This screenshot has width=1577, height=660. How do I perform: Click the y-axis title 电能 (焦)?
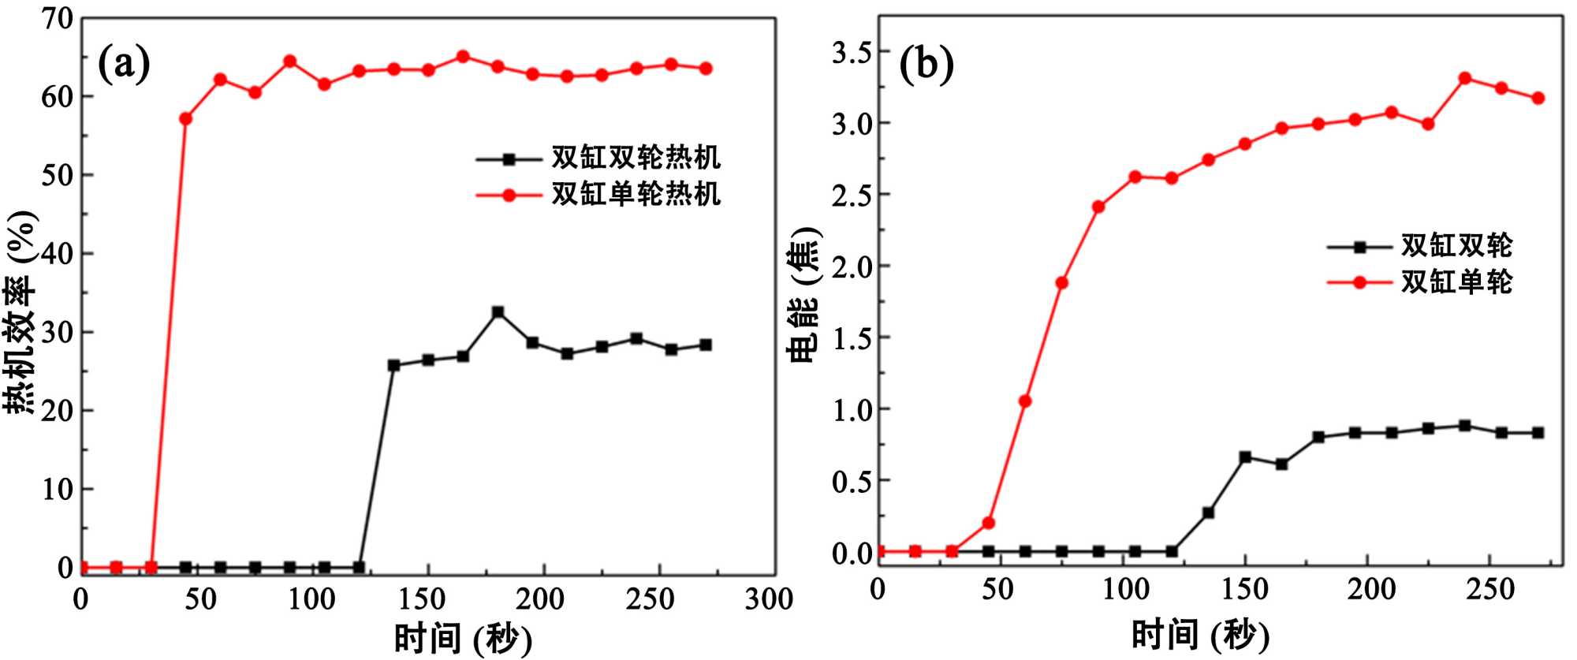coord(804,296)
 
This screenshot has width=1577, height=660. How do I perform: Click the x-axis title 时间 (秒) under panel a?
coord(463,638)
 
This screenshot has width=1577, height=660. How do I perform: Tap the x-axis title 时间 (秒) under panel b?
coord(1200,635)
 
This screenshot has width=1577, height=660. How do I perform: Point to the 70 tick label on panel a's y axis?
coord(56,18)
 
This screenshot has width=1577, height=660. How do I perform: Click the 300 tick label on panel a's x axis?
coord(769,600)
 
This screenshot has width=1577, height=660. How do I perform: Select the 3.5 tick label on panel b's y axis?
coord(852,53)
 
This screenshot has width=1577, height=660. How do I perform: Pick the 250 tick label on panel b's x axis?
coord(1489,590)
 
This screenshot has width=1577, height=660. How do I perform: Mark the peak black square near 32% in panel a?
coord(498,312)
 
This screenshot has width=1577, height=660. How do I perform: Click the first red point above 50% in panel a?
coord(186,118)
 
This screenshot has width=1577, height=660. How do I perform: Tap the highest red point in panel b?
coord(1465,78)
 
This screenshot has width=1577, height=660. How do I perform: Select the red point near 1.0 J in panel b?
coord(1025,401)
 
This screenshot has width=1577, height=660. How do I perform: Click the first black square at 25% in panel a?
coord(394,365)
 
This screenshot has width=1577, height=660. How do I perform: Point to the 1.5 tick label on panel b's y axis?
coord(852,338)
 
